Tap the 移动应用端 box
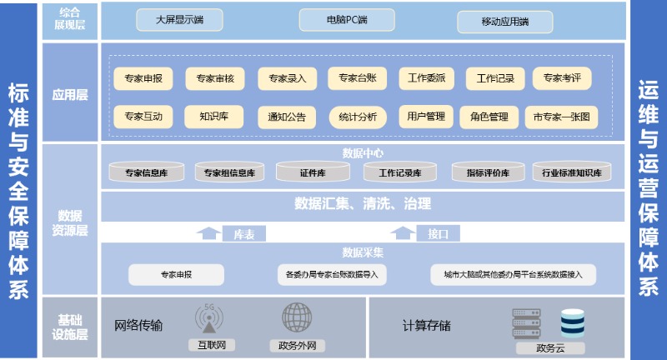point(505,22)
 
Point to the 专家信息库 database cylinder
point(146,173)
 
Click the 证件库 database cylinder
point(313,173)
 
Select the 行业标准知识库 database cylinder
point(572,173)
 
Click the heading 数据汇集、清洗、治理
point(363,202)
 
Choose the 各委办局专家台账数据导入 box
point(332,274)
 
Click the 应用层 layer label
point(70,95)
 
